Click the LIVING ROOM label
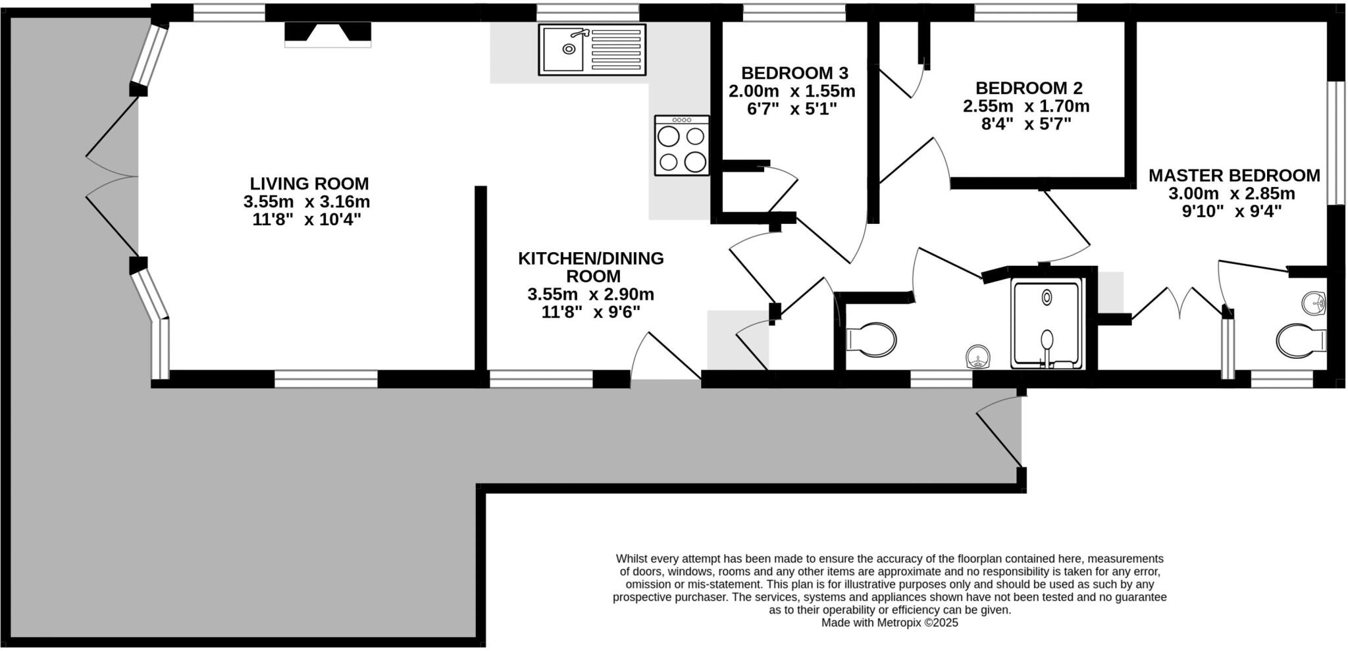point(309,184)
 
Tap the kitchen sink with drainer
point(592,49)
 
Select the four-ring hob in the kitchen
point(682,145)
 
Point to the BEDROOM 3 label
point(794,73)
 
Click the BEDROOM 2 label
point(1028,88)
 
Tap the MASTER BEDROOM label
point(1233,176)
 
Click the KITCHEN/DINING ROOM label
point(590,267)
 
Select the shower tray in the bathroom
point(1047,323)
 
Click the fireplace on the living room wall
point(327,34)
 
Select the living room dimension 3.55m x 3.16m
point(306,202)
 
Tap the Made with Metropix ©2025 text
point(889,622)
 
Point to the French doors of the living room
point(112,176)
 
